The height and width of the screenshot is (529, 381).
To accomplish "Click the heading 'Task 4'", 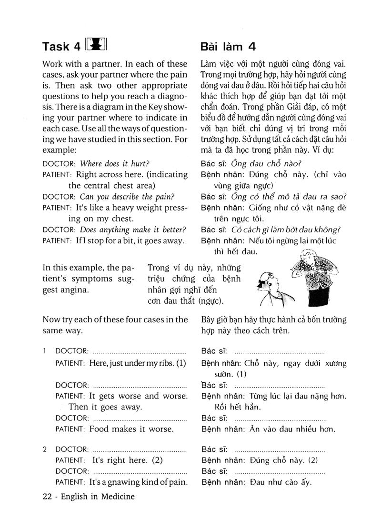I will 61,46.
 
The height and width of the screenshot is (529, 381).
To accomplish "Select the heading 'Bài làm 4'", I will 229,46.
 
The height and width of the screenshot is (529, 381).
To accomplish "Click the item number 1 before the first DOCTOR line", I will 44,351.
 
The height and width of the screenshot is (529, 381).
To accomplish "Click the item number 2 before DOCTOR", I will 44,449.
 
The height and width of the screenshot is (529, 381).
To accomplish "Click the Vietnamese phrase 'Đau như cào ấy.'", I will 281,482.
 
